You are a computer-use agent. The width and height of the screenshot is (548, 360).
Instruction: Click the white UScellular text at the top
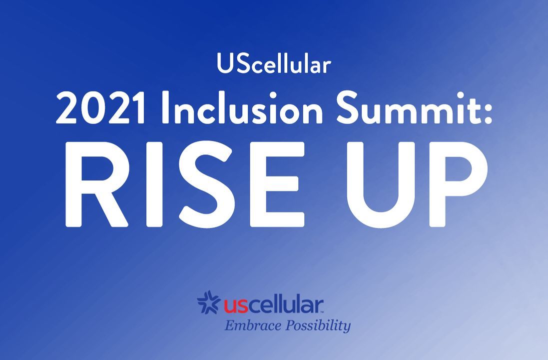[x=274, y=63]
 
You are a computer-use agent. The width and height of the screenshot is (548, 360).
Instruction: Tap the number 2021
[x=100, y=107]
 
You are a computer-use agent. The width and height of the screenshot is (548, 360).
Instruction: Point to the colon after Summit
[x=488, y=111]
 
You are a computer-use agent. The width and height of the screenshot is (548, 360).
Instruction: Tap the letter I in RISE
[x=154, y=184]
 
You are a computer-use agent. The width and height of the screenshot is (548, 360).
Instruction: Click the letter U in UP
[x=381, y=185]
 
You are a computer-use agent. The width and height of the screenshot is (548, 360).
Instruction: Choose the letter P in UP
[x=459, y=184]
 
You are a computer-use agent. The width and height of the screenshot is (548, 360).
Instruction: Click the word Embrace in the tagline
[x=253, y=325]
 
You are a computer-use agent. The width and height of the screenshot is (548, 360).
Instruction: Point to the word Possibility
[x=318, y=325]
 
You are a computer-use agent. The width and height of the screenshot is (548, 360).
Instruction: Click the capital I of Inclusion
[x=166, y=107]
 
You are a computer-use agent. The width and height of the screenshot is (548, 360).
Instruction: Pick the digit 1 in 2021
[x=138, y=107]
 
